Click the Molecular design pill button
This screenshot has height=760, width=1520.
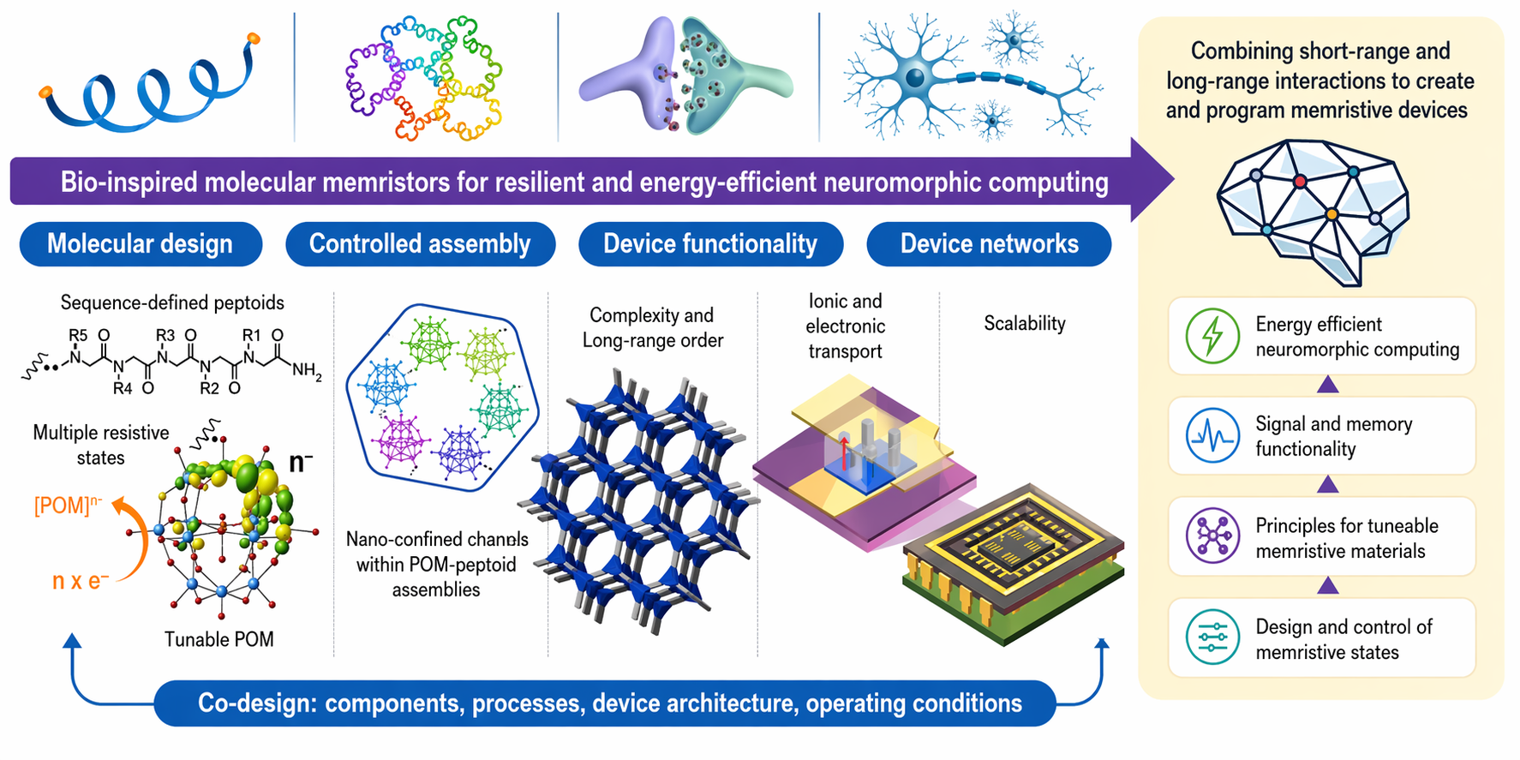pos(141,244)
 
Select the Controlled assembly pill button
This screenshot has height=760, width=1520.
pos(420,244)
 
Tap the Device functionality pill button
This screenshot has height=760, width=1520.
pos(710,244)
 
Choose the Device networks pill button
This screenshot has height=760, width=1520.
pos(989,244)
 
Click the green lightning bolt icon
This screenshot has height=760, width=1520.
pos(1212,336)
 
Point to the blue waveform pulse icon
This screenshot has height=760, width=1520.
pos(1212,435)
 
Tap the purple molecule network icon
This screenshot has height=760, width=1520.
pos(1212,536)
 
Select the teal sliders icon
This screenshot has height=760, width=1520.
pos(1212,637)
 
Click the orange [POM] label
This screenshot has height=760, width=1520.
pos(68,505)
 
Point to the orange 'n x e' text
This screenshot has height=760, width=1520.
pos(81,581)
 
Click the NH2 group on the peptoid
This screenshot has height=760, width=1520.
pos(307,370)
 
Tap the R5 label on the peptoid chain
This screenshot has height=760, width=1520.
pos(78,335)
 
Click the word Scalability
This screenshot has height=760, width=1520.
pos(1025,324)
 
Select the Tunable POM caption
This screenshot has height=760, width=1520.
pos(219,639)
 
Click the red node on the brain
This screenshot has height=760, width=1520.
pos(1300,181)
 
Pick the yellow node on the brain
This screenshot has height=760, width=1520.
pos(1331,213)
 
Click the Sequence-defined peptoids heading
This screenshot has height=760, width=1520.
pos(172,302)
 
